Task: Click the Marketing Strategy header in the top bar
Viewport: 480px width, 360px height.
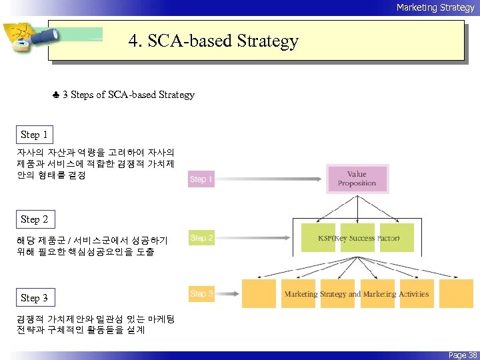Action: (x=435, y=7)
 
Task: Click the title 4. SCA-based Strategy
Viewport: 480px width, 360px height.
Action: (x=213, y=41)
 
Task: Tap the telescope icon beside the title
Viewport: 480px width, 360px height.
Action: (x=27, y=41)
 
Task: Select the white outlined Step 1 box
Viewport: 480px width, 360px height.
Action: (x=35, y=135)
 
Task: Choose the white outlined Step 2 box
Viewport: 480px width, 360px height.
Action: (x=35, y=219)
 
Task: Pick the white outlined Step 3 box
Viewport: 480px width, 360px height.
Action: (x=35, y=298)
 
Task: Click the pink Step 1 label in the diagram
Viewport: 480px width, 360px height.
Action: (x=201, y=179)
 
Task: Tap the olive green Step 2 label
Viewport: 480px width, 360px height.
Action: (x=201, y=237)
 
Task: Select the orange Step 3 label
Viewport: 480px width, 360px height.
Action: (x=201, y=293)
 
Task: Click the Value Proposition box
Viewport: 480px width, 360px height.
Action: (x=357, y=179)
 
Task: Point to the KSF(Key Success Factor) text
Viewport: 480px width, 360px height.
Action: (x=359, y=238)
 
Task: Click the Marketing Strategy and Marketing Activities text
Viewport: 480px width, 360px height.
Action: (x=357, y=294)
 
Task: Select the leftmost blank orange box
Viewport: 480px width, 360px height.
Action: (x=259, y=293)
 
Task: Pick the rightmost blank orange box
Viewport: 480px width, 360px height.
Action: (x=456, y=293)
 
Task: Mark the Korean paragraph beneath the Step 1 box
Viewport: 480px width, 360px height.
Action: (x=95, y=164)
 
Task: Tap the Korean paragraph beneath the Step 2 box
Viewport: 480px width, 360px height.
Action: (x=92, y=246)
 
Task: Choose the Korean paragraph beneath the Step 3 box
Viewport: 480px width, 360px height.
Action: (x=95, y=325)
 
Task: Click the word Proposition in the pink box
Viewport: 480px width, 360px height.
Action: (x=357, y=183)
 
